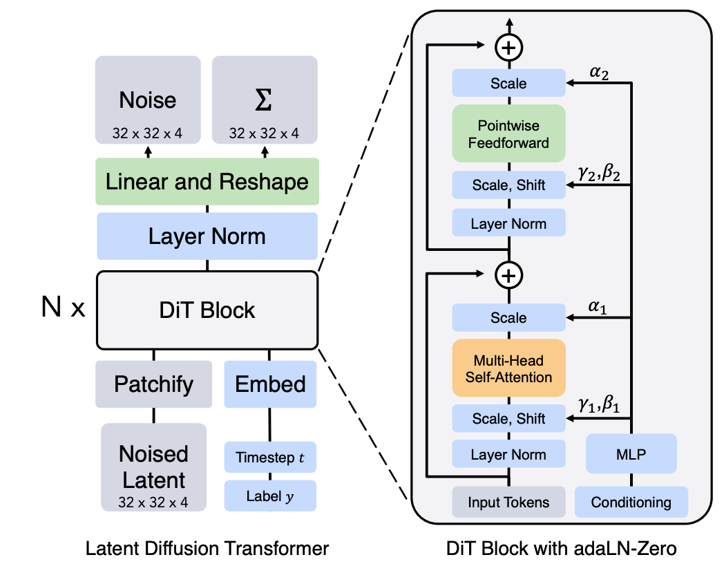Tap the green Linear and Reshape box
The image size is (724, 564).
point(207,182)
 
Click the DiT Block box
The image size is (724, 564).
point(207,310)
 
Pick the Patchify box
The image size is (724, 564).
point(153,384)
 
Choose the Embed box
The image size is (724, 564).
point(270,384)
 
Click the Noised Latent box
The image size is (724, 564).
point(153,467)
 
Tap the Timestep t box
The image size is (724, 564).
point(270,457)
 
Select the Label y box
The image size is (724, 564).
point(270,496)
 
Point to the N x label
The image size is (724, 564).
point(63,308)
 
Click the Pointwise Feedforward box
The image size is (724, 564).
point(508,134)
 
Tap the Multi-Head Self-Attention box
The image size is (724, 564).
point(508,368)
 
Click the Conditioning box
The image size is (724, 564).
point(631,502)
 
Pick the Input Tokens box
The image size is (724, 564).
point(508,502)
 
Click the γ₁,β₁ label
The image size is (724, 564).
point(600,405)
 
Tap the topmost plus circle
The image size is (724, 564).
point(509,48)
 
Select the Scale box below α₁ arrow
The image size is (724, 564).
point(508,318)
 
